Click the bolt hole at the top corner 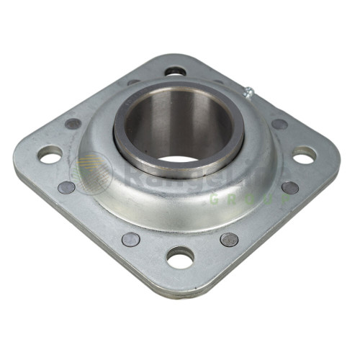click(x=175, y=71)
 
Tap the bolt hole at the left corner click(x=50, y=153)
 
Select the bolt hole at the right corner click(x=304, y=154)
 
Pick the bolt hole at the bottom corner click(x=180, y=256)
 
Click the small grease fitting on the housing click(x=248, y=91)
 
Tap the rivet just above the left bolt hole click(x=73, y=124)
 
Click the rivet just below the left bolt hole click(x=66, y=187)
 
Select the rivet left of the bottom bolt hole click(x=130, y=239)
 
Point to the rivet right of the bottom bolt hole click(x=229, y=240)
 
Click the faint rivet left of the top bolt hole click(x=134, y=83)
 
